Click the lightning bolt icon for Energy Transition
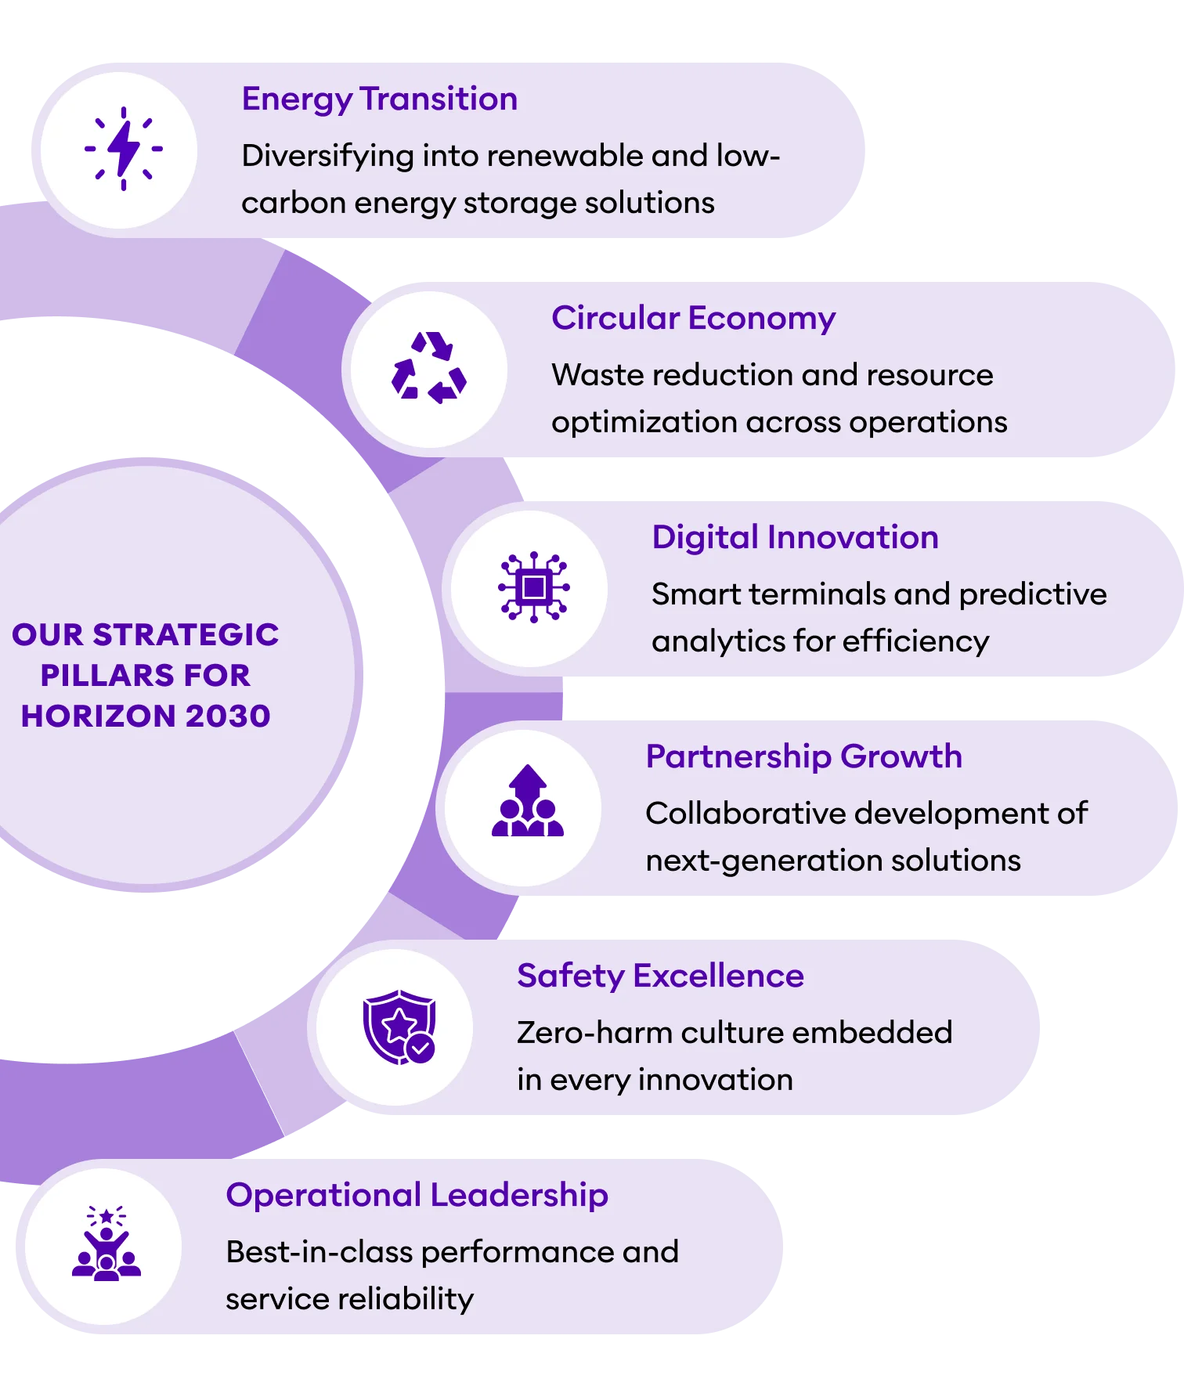click(123, 149)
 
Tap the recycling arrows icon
click(429, 367)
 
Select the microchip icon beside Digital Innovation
click(534, 587)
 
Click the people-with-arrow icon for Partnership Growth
click(528, 802)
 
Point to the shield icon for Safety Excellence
click(399, 1027)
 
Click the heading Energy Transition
click(380, 99)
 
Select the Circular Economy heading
click(693, 319)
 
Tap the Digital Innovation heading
click(795, 538)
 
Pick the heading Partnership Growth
click(803, 757)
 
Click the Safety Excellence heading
click(660, 976)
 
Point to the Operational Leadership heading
click(417, 1196)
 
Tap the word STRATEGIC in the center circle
click(186, 634)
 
